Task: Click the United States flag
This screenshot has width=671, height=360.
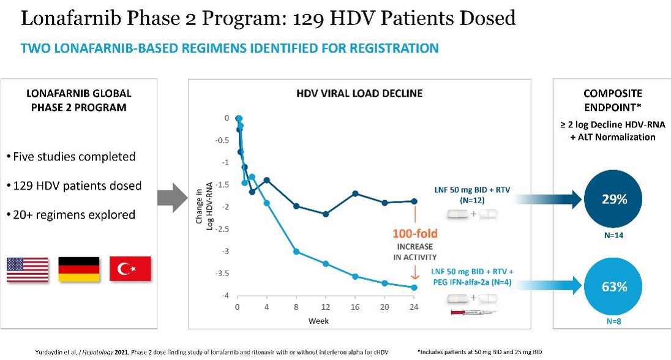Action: coord(28,269)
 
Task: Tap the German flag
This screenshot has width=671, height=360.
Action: coord(78,269)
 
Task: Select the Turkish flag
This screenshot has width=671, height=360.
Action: coord(130,269)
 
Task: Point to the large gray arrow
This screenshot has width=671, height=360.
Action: coord(170,198)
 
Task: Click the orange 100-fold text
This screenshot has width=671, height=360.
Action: coord(415,233)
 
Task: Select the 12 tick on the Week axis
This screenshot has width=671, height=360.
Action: coord(326,306)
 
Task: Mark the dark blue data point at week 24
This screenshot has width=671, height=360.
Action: coord(414,201)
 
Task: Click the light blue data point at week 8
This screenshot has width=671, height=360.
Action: coord(296,252)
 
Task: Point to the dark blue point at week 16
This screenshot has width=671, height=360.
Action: coord(355,193)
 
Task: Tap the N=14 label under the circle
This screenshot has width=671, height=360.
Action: coord(612,234)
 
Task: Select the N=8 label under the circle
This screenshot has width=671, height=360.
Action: coord(612,320)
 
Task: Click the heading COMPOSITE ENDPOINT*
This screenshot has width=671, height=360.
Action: coord(612,100)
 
